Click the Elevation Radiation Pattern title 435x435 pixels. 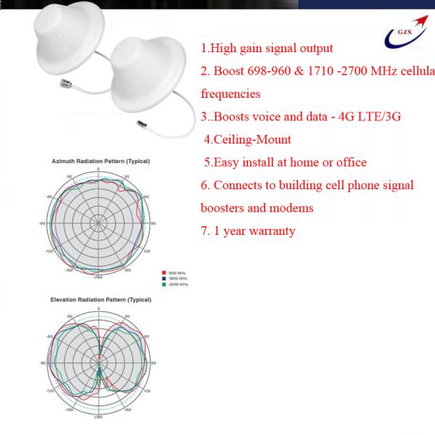[99, 299]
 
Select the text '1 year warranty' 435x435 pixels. [254, 231]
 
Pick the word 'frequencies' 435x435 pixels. [231, 94]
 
